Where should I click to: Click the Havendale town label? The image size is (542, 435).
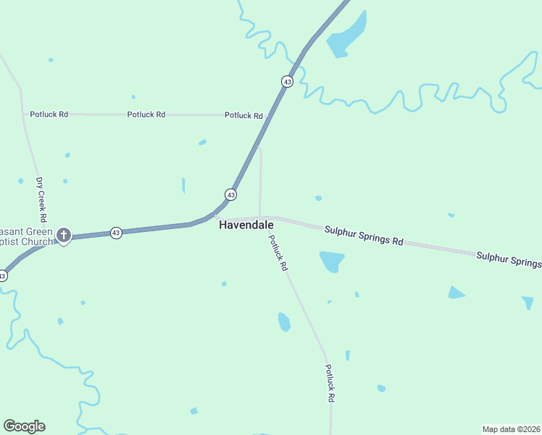246,225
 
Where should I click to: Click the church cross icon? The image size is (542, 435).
64,235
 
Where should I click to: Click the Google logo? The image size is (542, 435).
24,426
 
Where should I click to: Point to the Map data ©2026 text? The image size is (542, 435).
510,428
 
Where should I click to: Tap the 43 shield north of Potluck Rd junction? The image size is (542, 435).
288,82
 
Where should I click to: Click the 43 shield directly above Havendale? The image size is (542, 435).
230,194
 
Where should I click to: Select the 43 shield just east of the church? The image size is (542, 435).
116,233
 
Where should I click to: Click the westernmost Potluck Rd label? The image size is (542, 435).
49,115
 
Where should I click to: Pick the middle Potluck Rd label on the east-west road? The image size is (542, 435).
146,115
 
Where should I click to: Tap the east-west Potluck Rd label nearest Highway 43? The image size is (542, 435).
243,115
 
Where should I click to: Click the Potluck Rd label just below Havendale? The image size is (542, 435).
278,253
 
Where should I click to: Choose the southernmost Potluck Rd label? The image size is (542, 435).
330,384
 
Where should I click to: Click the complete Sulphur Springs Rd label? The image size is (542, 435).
363,235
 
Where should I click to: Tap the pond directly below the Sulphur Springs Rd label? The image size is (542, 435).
332,260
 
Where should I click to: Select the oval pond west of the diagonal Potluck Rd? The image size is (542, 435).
284,321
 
